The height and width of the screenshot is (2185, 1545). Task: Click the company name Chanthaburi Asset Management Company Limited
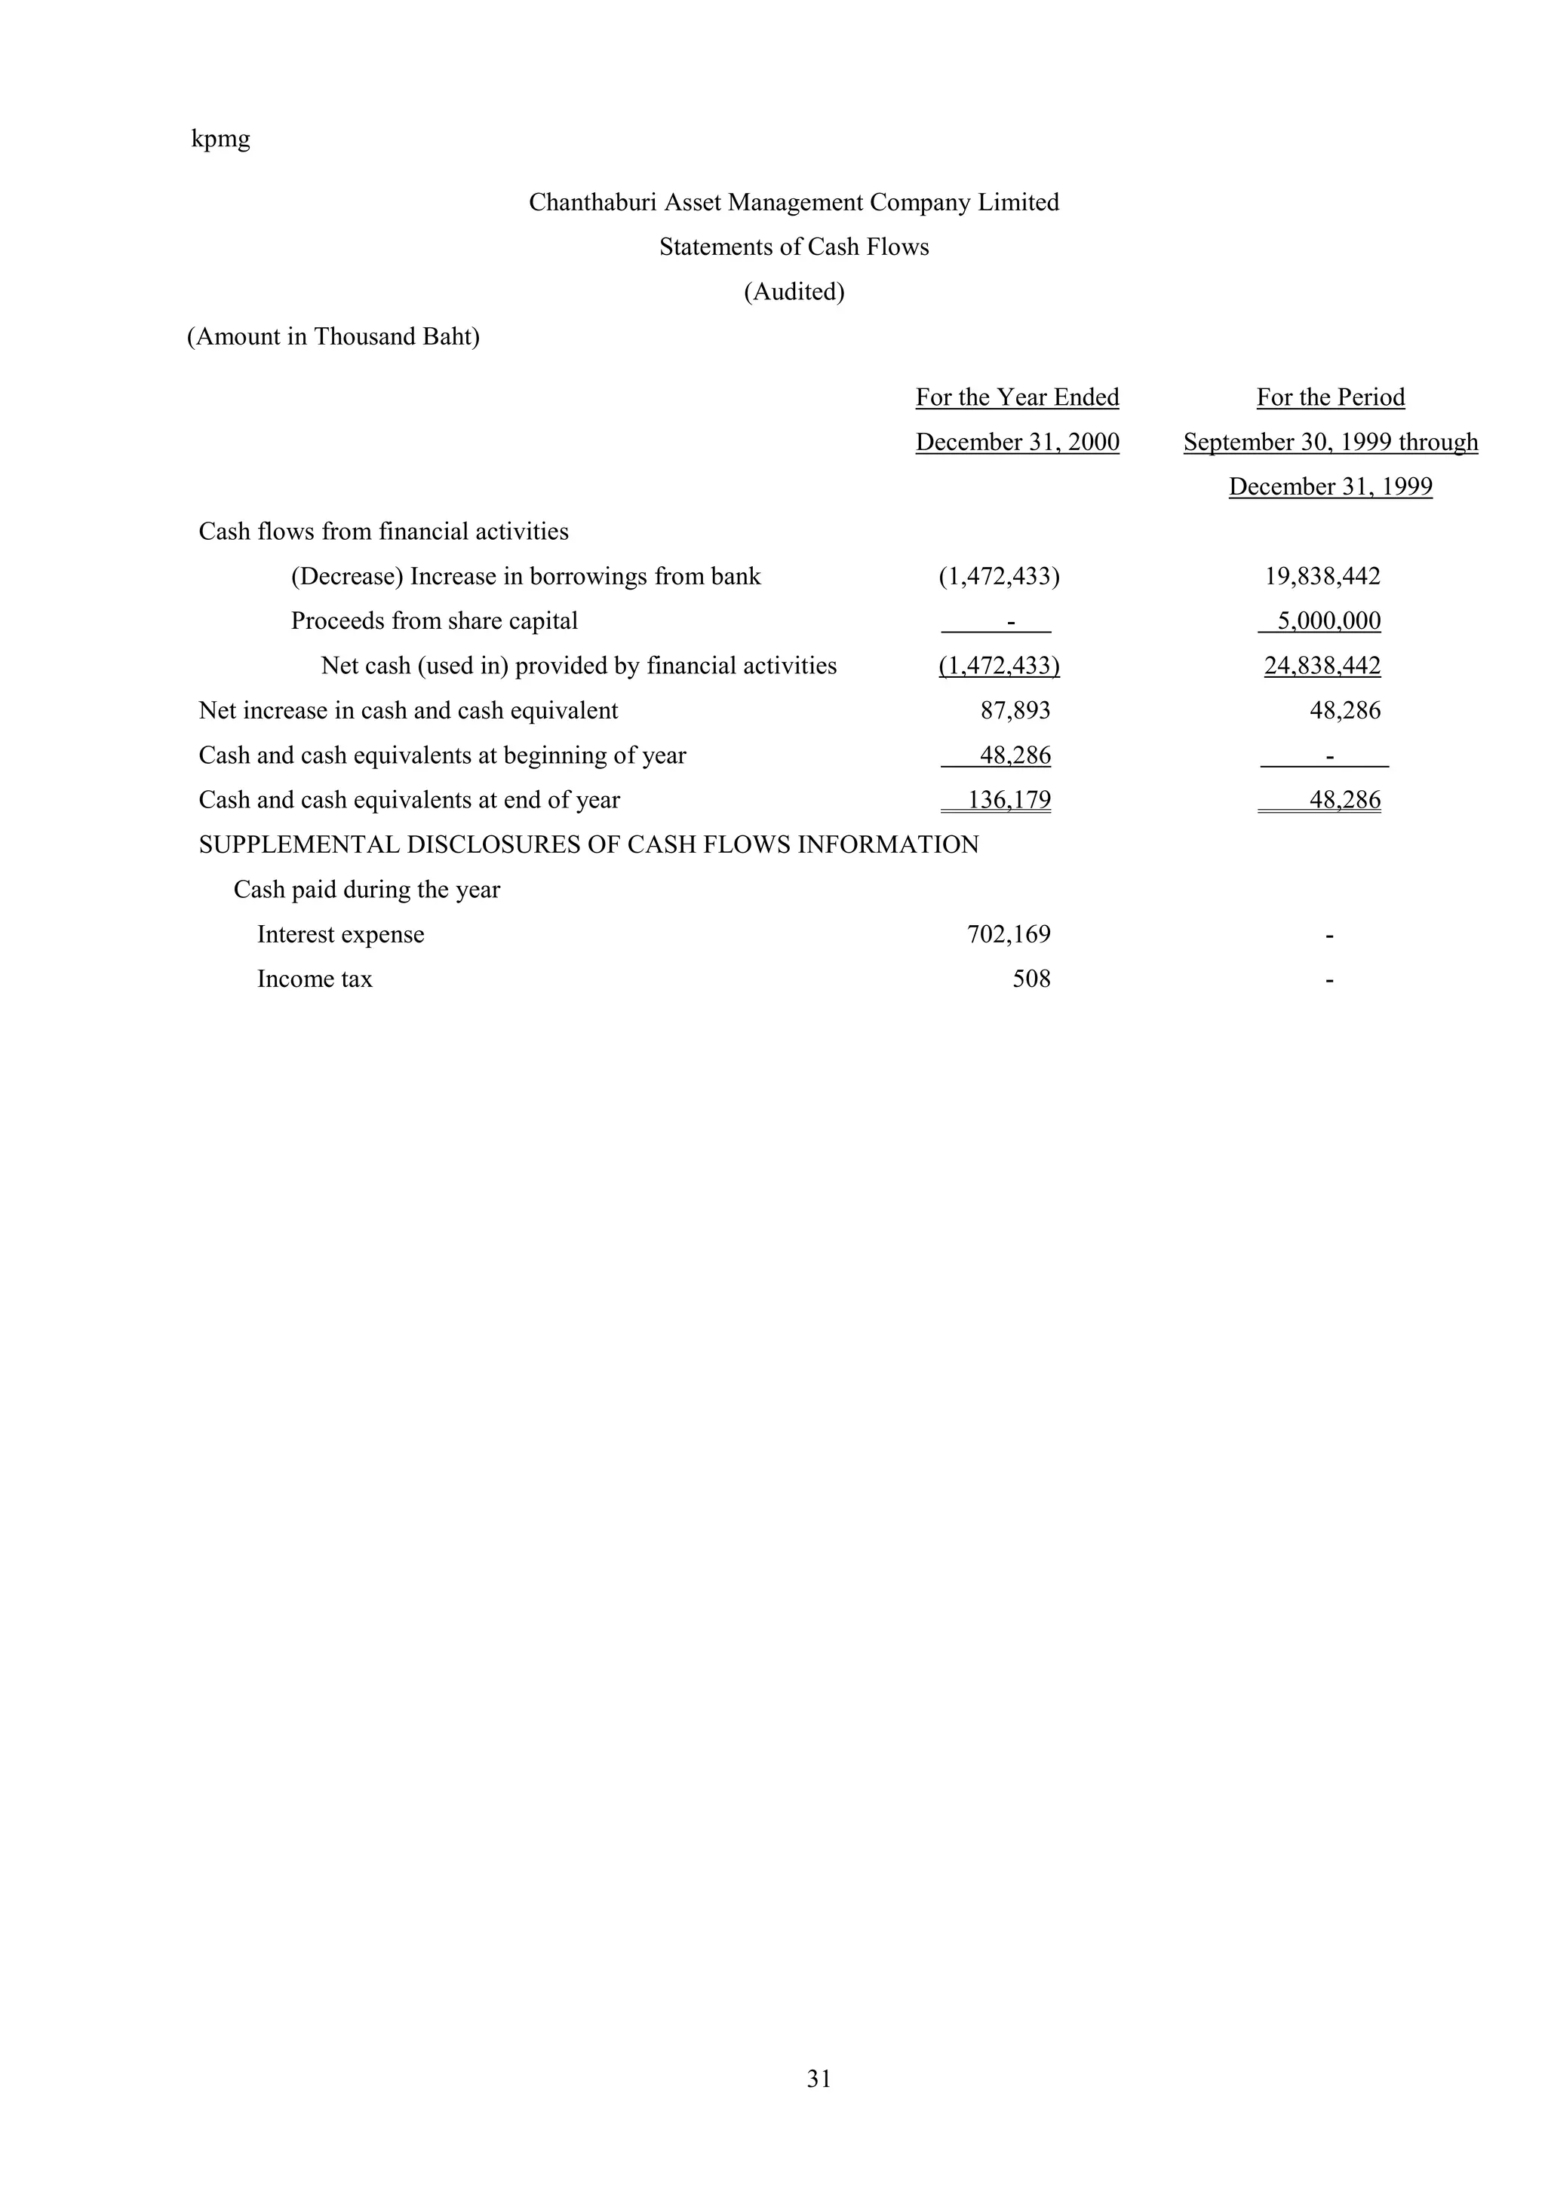click(794, 203)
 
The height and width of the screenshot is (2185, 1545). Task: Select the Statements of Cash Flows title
click(794, 247)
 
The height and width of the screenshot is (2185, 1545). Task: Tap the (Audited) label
click(794, 292)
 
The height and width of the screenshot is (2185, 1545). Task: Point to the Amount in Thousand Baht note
click(333, 337)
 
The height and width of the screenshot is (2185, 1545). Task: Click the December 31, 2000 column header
click(1017, 443)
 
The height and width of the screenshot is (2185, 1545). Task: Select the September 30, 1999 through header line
click(1330, 443)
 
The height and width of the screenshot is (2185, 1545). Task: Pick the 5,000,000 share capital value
click(1328, 621)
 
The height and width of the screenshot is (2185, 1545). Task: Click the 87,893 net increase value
click(1015, 711)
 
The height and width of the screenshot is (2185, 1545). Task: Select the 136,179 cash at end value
click(1009, 801)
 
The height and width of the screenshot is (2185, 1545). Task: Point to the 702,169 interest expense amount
click(1008, 934)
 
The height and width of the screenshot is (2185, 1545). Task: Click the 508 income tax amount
click(1031, 979)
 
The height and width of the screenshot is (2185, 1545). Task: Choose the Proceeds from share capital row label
click(434, 621)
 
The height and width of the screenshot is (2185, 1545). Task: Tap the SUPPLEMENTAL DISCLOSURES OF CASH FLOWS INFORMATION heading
click(588, 845)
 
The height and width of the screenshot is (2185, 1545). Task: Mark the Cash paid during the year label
click(367, 890)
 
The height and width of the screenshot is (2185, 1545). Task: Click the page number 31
click(819, 2106)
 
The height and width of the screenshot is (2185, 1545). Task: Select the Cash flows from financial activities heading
click(384, 532)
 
